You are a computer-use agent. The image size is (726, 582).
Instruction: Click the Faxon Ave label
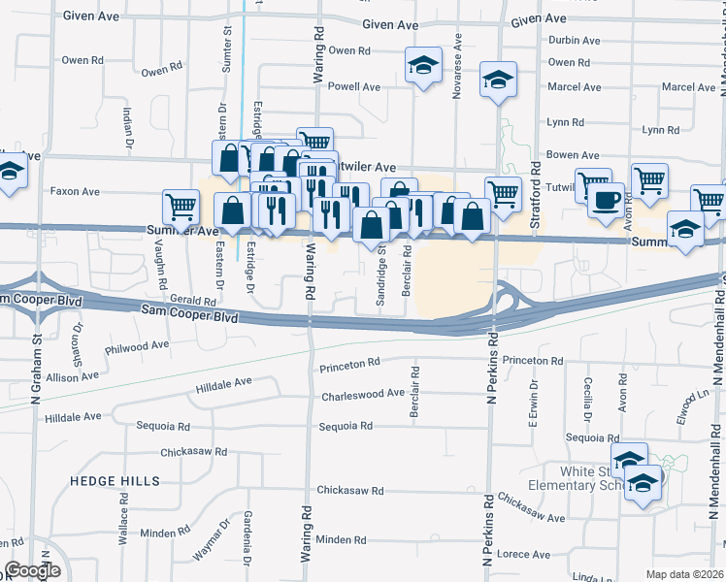[x=77, y=191]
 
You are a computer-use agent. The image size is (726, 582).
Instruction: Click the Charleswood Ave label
[x=363, y=394]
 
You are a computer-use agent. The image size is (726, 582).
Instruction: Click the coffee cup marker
[x=607, y=201]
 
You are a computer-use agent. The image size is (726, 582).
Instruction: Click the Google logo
[x=32, y=570]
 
